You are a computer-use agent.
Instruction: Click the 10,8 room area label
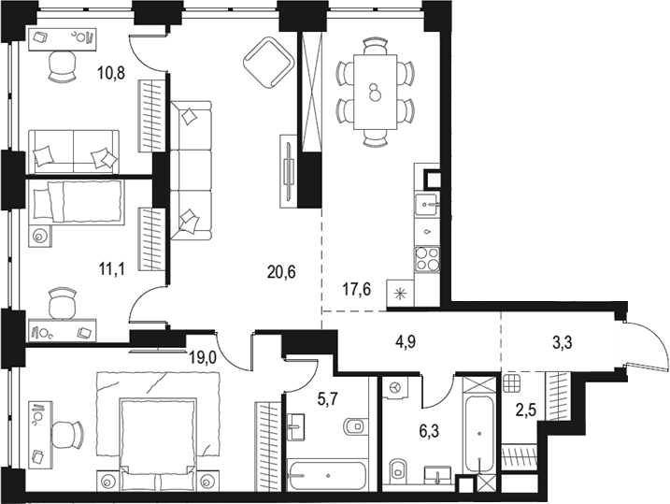[x=111, y=74]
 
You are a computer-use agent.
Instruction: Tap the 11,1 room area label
[x=111, y=269]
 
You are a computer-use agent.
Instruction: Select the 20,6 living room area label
[x=281, y=271]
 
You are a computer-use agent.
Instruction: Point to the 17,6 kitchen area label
[x=357, y=290]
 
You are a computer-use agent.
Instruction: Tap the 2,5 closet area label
[x=524, y=410]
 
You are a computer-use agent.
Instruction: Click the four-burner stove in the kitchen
[x=427, y=259]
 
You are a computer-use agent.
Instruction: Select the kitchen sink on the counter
[x=426, y=205]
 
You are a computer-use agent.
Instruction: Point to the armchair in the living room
[x=269, y=63]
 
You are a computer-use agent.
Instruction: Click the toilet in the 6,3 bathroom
[x=398, y=472]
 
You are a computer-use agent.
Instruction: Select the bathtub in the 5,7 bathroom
[x=328, y=475]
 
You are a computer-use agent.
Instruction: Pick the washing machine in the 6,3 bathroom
[x=395, y=388]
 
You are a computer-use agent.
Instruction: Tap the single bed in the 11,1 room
[x=77, y=201]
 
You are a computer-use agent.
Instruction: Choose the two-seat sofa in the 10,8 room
[x=74, y=152]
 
